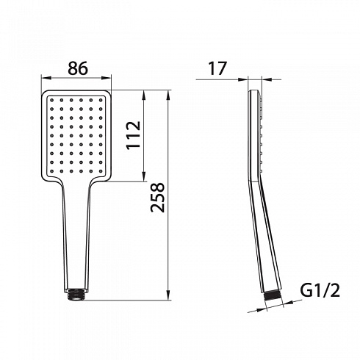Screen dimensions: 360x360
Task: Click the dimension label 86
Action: (78, 68)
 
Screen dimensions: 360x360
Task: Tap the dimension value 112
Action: (134, 135)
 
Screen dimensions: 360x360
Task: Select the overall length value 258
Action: (158, 197)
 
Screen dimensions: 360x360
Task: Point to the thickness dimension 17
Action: (217, 68)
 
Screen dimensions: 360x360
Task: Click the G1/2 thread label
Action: (320, 291)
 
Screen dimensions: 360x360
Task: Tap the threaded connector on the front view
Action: (76, 295)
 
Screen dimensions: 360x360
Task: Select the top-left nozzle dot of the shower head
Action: (51, 100)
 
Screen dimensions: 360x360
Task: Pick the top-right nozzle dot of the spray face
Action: (101, 100)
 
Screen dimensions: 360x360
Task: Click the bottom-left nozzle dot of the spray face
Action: (51, 171)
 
